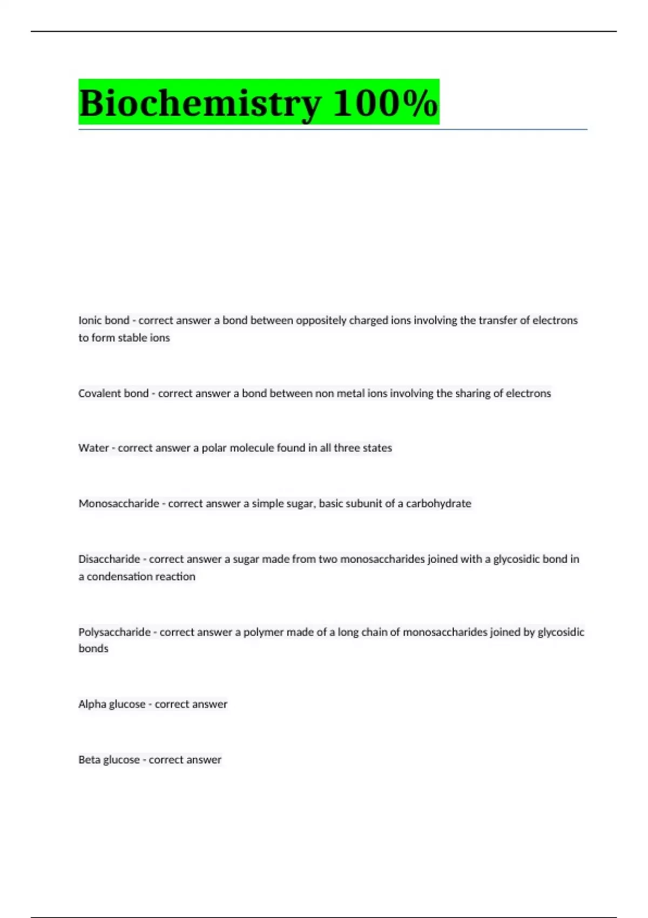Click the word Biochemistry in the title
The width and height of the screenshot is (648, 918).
tap(200, 103)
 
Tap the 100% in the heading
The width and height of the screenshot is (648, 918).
tap(384, 103)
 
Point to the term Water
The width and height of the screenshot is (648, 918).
tap(93, 448)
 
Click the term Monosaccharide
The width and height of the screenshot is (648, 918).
tap(119, 503)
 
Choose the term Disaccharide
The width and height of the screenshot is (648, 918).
tap(109, 559)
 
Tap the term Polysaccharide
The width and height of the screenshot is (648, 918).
tap(114, 632)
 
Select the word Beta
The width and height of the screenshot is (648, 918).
tap(89, 760)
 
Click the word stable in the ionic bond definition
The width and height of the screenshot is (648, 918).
tap(132, 337)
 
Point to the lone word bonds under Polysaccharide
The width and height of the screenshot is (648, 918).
tap(93, 649)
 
